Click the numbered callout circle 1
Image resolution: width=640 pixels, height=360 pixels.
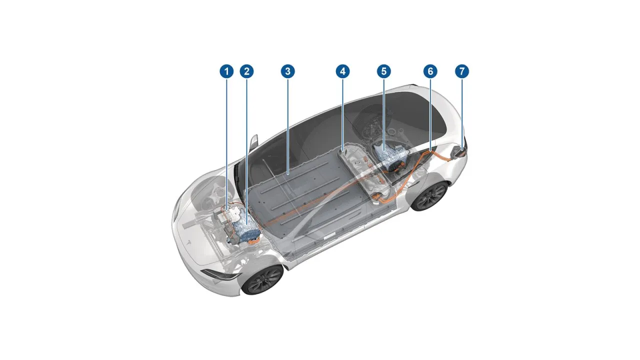pos(227,71)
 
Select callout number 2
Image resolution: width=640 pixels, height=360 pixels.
pos(246,71)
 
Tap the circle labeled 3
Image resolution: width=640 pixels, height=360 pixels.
pos(287,71)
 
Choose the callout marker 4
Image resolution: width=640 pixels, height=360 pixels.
pos(342,71)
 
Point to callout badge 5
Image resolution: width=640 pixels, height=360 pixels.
pos(383,71)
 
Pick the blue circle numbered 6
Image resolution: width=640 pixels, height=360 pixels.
pos(430,71)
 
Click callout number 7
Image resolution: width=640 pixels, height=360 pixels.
pos(462,71)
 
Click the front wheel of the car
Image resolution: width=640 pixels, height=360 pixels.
pos(262,279)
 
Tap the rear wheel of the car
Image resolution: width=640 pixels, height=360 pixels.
pos(429,195)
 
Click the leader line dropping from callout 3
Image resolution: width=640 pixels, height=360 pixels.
pos(287,125)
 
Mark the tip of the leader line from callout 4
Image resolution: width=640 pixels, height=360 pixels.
pos(342,149)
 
